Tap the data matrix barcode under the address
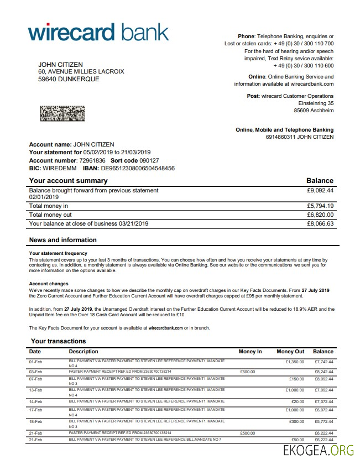coord(62,114)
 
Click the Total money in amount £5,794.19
coord(320,206)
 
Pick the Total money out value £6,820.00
coord(320,215)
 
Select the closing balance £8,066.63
coord(320,223)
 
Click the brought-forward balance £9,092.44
coord(320,190)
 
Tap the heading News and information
coord(62,240)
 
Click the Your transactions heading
coord(59,341)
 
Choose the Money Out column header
coord(290,352)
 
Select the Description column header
coord(84,352)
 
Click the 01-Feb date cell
coord(35,362)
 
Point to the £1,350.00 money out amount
coord(295,362)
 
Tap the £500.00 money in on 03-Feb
coord(248,372)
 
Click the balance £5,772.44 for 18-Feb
coord(324,421)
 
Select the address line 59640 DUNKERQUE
coord(69,79)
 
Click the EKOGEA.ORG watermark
coord(318,450)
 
